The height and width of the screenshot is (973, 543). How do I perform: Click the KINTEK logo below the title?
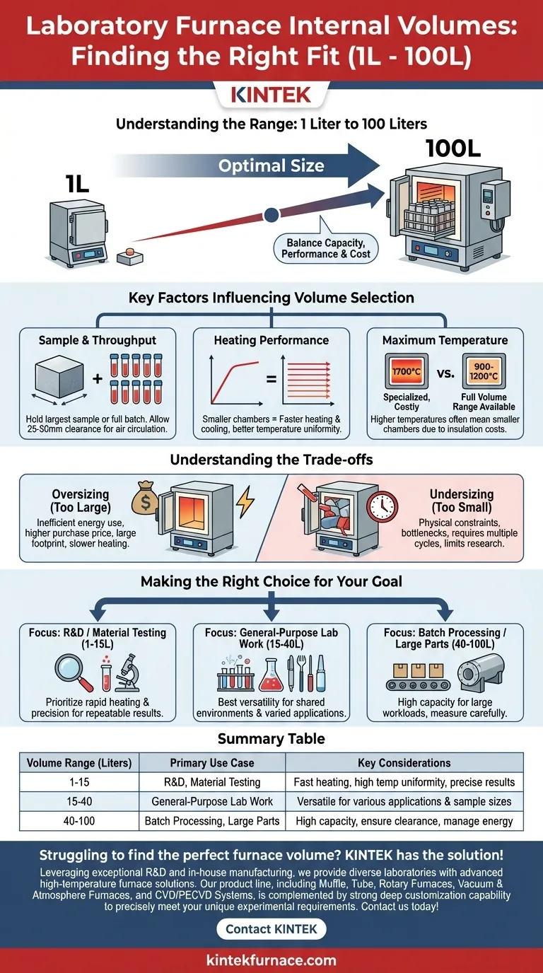[x=271, y=94]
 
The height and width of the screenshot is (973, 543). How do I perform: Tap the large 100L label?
[x=455, y=149]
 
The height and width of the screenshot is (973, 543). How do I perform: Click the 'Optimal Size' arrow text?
[x=271, y=166]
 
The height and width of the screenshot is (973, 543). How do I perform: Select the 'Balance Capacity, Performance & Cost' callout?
[x=325, y=247]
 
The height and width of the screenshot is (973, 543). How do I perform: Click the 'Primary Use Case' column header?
[x=212, y=763]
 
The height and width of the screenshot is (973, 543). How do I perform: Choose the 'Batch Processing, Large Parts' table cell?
[x=212, y=822]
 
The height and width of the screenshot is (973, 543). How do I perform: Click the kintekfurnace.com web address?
[x=271, y=960]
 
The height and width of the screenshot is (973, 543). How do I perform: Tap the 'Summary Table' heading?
[x=271, y=738]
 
